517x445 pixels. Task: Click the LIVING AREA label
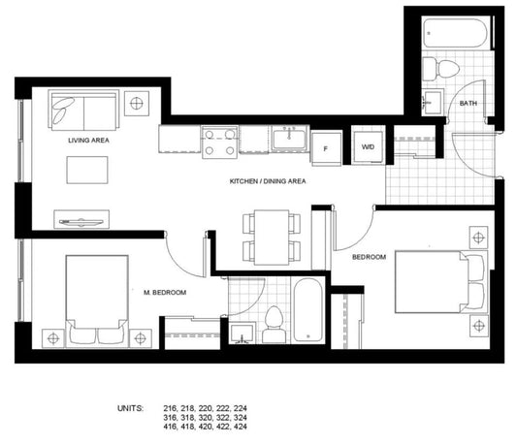click(x=88, y=140)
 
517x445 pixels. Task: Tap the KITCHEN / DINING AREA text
click(x=268, y=181)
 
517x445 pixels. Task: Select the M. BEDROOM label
click(x=165, y=293)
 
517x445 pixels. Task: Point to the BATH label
click(x=469, y=103)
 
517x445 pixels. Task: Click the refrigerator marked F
click(x=326, y=148)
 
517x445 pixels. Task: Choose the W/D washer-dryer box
click(x=368, y=146)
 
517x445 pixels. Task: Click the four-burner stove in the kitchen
click(x=219, y=143)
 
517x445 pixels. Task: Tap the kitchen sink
click(x=290, y=139)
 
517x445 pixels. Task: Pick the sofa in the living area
click(x=83, y=111)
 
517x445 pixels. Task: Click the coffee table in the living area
click(x=87, y=170)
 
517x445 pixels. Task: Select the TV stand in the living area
click(x=81, y=219)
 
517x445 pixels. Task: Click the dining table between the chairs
click(x=272, y=238)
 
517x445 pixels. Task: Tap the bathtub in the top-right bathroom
click(x=455, y=33)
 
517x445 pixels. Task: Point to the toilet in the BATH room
click(x=440, y=69)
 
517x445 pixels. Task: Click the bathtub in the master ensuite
click(x=307, y=310)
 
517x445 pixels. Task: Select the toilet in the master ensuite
click(x=274, y=325)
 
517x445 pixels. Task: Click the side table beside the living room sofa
click(x=137, y=104)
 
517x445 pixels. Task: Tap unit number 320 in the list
click(x=205, y=417)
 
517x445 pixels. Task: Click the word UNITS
click(x=130, y=408)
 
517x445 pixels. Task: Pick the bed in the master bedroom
click(x=97, y=302)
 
